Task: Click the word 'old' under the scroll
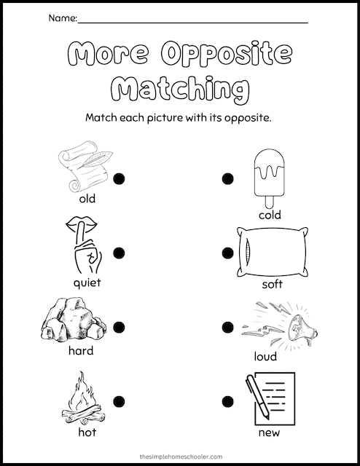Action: [x=87, y=198]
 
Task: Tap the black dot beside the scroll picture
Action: [x=119, y=178]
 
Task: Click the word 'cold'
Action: [x=270, y=215]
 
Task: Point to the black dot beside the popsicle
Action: [x=227, y=178]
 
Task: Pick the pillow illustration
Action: [x=273, y=252]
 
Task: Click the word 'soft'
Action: [x=273, y=284]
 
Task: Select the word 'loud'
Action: [x=265, y=356]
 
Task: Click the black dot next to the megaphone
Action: [x=227, y=327]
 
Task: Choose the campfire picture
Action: [x=84, y=398]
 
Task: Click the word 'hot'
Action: [x=87, y=432]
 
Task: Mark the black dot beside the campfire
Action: [x=119, y=401]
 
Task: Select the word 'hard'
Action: [x=81, y=350]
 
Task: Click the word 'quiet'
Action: [x=87, y=283]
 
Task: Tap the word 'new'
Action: [x=269, y=433]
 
